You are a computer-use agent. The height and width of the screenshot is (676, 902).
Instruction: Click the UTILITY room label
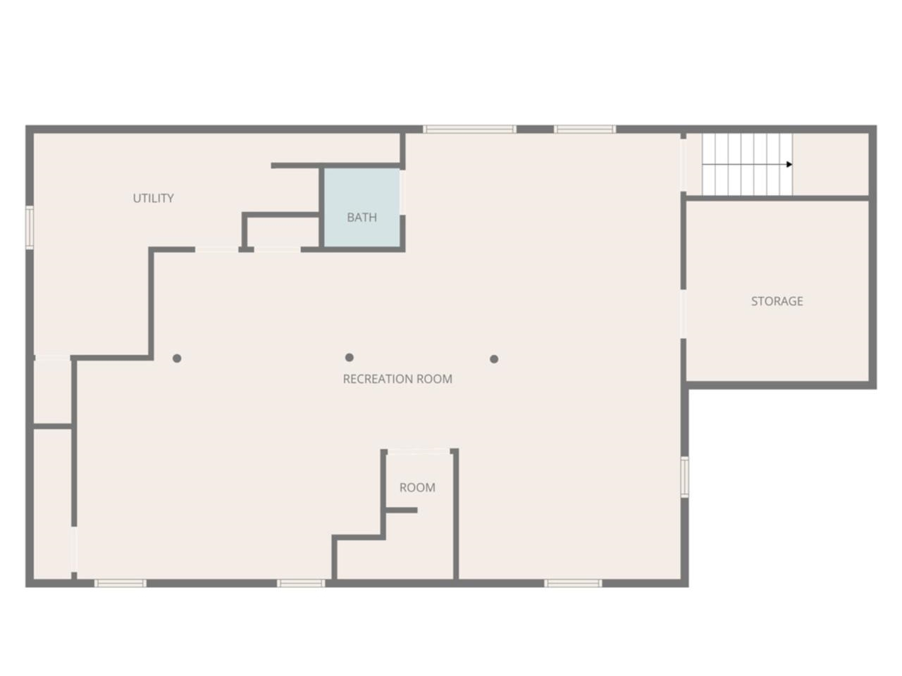pyautogui.click(x=153, y=199)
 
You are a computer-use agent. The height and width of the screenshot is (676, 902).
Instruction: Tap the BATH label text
pyautogui.click(x=362, y=218)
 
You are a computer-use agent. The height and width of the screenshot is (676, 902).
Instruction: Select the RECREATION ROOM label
pyautogui.click(x=397, y=379)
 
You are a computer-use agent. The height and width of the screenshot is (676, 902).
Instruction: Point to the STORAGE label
pyautogui.click(x=777, y=301)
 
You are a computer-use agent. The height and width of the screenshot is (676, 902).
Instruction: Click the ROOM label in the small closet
pyautogui.click(x=417, y=487)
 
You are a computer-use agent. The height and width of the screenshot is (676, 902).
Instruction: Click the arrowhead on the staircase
pyautogui.click(x=789, y=165)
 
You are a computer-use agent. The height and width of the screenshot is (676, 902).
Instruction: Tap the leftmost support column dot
pyautogui.click(x=177, y=358)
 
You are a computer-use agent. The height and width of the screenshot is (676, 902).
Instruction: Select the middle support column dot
pyautogui.click(x=350, y=358)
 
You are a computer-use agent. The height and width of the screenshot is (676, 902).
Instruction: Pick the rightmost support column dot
pyautogui.click(x=494, y=359)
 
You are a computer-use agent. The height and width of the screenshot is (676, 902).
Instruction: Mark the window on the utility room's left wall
pyautogui.click(x=30, y=227)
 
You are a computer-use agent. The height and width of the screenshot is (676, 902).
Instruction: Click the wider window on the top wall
pyautogui.click(x=469, y=130)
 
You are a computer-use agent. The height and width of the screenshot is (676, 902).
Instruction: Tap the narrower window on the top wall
pyautogui.click(x=584, y=130)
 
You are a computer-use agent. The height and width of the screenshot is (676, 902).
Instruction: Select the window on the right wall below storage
pyautogui.click(x=684, y=477)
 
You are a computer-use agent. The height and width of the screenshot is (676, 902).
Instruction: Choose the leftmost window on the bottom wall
pyautogui.click(x=120, y=583)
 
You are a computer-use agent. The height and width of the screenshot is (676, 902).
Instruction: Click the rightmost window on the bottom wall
pyautogui.click(x=573, y=583)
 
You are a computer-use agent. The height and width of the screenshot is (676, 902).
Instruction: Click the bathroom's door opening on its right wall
pyautogui.click(x=402, y=192)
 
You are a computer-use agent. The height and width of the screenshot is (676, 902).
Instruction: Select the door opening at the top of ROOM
pyautogui.click(x=419, y=451)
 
